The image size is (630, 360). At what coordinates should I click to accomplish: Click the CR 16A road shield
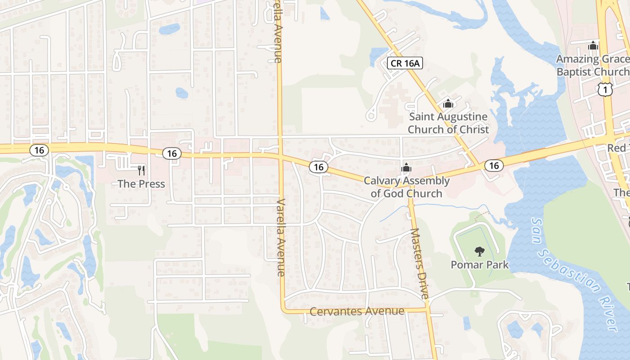click(x=405, y=63)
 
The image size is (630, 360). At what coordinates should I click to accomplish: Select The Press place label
click(x=141, y=184)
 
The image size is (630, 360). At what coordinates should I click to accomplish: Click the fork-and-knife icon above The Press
click(x=141, y=170)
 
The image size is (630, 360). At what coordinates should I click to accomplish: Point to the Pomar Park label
click(x=480, y=265)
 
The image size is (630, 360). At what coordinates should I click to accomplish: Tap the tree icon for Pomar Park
click(x=480, y=252)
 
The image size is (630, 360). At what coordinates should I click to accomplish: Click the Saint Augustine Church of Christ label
click(x=448, y=123)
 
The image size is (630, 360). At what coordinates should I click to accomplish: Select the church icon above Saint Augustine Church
click(x=448, y=103)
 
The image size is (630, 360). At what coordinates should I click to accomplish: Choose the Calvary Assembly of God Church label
click(x=406, y=187)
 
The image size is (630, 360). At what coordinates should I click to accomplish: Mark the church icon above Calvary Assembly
click(x=406, y=168)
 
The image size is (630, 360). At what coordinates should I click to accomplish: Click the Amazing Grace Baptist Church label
click(x=592, y=65)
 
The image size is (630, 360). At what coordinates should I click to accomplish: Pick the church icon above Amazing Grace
click(x=593, y=45)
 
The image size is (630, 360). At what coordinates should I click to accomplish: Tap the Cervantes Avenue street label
click(x=357, y=311)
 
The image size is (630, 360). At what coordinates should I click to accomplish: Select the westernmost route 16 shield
click(x=40, y=150)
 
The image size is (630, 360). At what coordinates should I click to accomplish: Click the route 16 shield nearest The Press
click(x=172, y=153)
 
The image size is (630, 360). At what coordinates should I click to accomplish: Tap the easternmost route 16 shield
click(x=494, y=166)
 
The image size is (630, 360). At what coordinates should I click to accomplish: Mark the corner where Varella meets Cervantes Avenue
click(x=283, y=310)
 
